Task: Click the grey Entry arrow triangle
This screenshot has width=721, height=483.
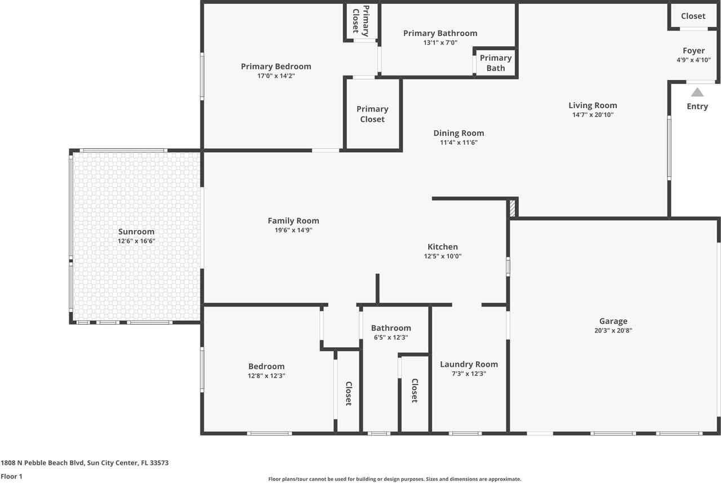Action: click(x=697, y=92)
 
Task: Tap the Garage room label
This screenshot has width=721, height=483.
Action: click(x=613, y=321)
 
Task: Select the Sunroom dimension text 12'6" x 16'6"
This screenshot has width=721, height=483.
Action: click(x=136, y=241)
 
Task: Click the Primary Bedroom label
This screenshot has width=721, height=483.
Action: click(x=275, y=67)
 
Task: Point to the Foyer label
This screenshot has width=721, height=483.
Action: click(x=693, y=51)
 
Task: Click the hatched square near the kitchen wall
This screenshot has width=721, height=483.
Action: click(x=512, y=208)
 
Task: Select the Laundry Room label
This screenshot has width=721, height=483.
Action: click(x=469, y=364)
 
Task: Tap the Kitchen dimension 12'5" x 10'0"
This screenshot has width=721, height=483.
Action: click(x=443, y=256)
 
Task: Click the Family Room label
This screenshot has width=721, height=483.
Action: click(x=293, y=221)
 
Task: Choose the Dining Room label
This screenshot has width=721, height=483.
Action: click(x=459, y=133)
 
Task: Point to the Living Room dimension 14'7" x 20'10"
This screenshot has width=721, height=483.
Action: click(x=593, y=115)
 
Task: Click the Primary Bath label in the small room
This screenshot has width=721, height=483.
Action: click(x=496, y=63)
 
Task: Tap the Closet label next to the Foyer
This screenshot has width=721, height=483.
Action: click(x=693, y=16)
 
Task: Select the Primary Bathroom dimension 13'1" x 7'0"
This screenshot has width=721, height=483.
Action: click(x=440, y=42)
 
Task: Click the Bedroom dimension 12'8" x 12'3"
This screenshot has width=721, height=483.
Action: click(x=266, y=376)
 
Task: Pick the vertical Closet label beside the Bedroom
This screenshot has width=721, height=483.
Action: click(x=348, y=393)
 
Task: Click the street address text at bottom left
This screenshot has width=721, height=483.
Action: click(x=84, y=463)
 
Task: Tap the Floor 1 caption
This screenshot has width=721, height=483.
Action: click(x=12, y=476)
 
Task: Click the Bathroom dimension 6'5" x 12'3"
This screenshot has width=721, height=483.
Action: click(x=390, y=338)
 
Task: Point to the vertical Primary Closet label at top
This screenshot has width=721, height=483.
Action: click(x=360, y=21)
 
